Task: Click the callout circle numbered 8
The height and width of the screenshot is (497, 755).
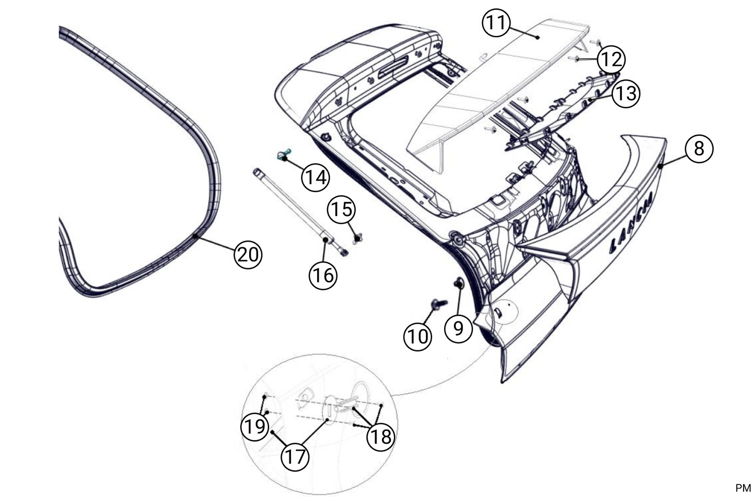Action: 699,148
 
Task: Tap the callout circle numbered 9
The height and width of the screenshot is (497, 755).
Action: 458,328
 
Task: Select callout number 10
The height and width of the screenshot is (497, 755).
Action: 417,336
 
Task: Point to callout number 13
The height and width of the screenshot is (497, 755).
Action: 625,93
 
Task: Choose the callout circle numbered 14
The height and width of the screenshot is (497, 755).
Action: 315,177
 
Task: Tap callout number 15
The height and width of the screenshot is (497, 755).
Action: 341,210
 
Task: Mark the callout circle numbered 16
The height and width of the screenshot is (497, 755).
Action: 323,274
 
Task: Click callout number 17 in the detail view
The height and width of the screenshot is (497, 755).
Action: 295,457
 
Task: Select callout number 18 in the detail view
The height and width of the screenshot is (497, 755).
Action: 381,435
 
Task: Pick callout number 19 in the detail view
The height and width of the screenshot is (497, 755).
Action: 255,427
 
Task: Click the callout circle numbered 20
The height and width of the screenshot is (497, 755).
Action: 248,255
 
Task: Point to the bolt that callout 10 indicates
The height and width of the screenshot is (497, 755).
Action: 437,302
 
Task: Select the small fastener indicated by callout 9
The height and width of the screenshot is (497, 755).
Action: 459,283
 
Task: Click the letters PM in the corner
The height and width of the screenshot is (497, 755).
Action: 742,488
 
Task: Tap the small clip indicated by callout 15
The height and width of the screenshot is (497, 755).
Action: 358,238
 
